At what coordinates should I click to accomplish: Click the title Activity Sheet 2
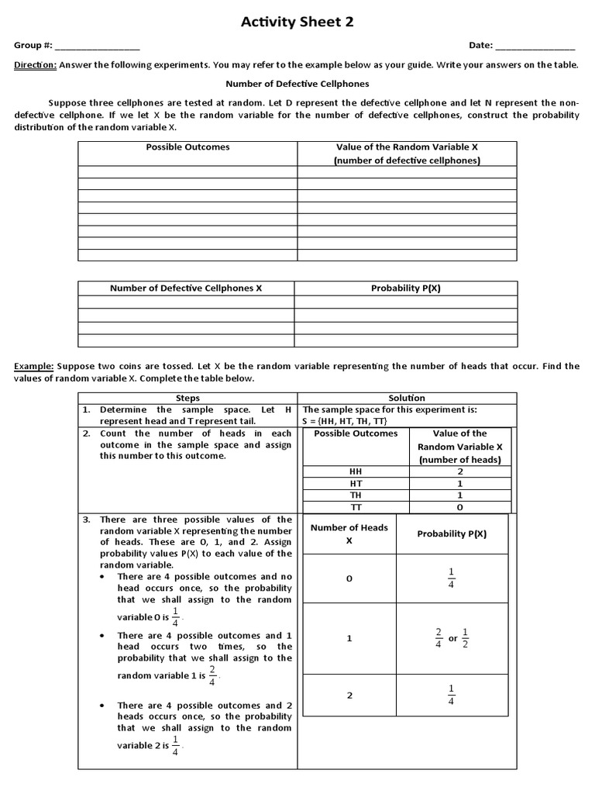pyautogui.click(x=297, y=22)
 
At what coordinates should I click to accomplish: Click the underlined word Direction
pyautogui.click(x=35, y=65)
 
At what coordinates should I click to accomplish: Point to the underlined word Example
pyautogui.click(x=35, y=366)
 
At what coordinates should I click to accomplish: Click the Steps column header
pyautogui.click(x=187, y=398)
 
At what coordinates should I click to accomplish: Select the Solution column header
pyautogui.click(x=406, y=398)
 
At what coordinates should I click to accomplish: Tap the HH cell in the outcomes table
pyautogui.click(x=356, y=471)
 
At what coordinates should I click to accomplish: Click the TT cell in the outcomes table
pyautogui.click(x=356, y=507)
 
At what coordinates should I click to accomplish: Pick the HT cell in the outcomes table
pyautogui.click(x=356, y=482)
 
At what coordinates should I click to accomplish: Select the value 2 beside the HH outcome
pyautogui.click(x=459, y=471)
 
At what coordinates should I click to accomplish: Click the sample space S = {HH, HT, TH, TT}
pyautogui.click(x=352, y=420)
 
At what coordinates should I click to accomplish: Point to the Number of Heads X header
pyautogui.click(x=349, y=533)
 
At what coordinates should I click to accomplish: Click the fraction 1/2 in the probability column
pyautogui.click(x=466, y=639)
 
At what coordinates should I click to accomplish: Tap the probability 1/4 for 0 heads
pyautogui.click(x=452, y=578)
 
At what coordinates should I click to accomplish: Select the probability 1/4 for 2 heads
pyautogui.click(x=452, y=695)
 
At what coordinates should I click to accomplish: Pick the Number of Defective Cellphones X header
pyautogui.click(x=186, y=288)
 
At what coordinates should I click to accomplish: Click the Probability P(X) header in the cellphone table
pyautogui.click(x=406, y=288)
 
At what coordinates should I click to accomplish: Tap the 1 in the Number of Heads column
pyautogui.click(x=349, y=638)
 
